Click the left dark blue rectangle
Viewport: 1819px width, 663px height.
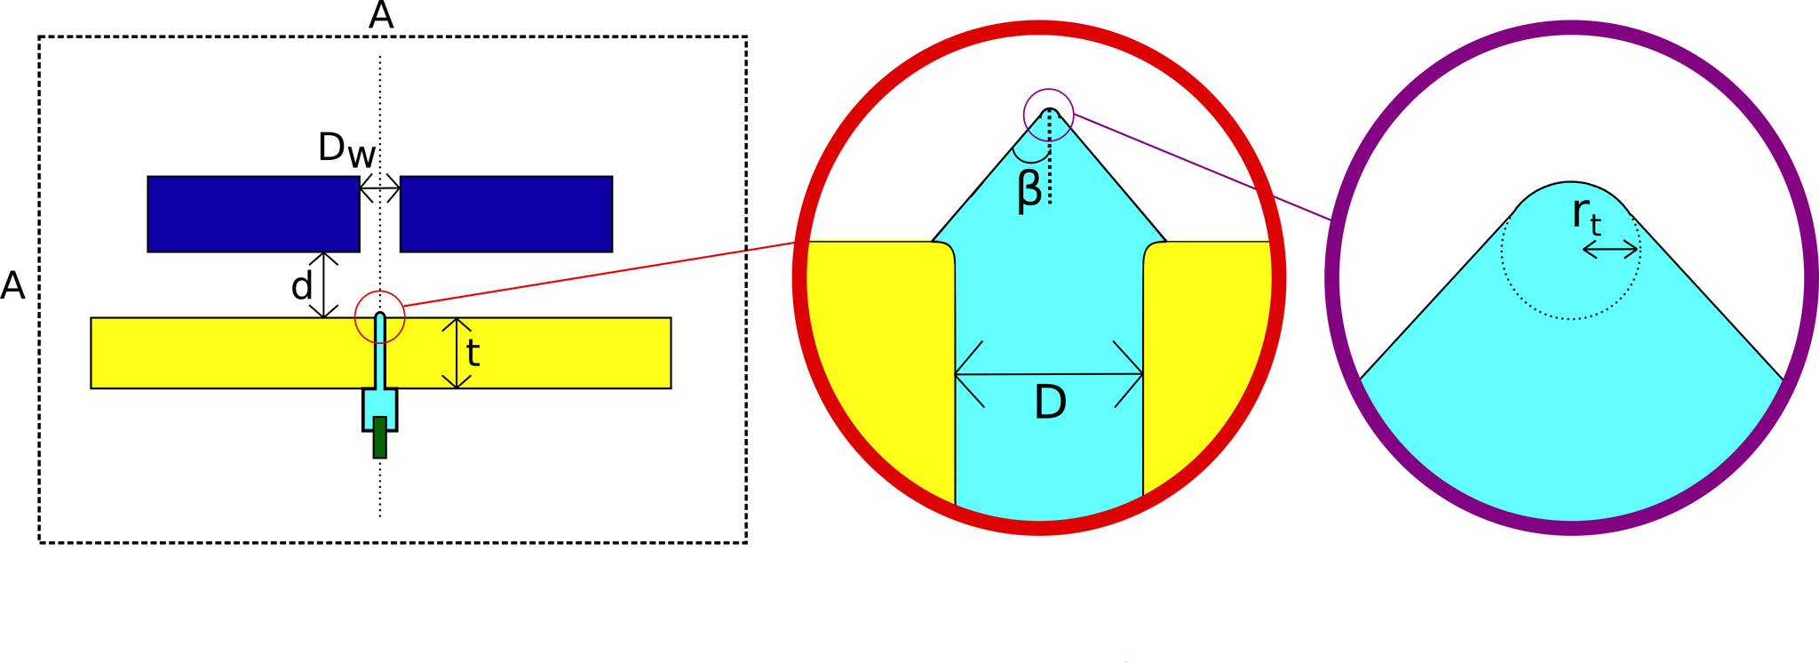pyautogui.click(x=253, y=214)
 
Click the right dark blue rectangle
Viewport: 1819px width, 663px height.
pyautogui.click(x=505, y=214)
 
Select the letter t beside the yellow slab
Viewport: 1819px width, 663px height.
pyautogui.click(x=473, y=354)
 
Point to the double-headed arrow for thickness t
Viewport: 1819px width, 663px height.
pyautogui.click(x=457, y=353)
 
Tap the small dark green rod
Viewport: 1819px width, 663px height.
pyautogui.click(x=379, y=437)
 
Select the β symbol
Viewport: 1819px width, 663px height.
pyautogui.click(x=1029, y=189)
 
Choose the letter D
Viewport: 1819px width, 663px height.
pyautogui.click(x=1050, y=404)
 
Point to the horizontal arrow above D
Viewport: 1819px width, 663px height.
pyautogui.click(x=1048, y=374)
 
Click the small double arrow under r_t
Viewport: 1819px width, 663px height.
pyautogui.click(x=1609, y=251)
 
